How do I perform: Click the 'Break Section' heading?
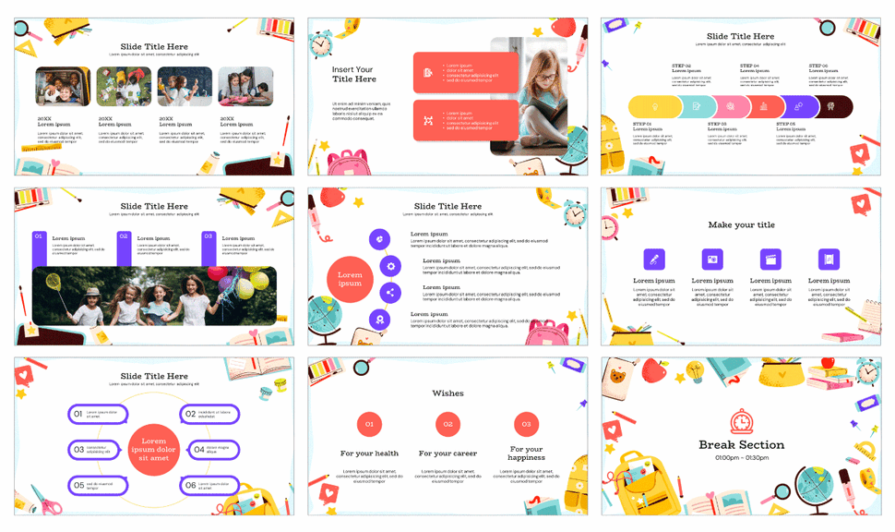click(741, 444)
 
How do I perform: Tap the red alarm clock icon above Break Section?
click(741, 421)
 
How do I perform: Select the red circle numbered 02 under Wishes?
click(447, 425)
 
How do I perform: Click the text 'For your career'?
click(447, 453)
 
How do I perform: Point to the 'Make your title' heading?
click(741, 224)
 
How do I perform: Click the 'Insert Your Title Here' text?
click(354, 74)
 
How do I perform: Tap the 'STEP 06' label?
click(818, 66)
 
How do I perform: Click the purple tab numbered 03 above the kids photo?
click(209, 237)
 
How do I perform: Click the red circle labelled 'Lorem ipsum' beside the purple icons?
click(350, 280)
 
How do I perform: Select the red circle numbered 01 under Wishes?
click(369, 425)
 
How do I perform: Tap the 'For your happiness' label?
click(526, 453)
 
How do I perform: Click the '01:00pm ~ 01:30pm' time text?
click(741, 458)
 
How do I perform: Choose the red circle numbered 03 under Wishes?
click(526, 425)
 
